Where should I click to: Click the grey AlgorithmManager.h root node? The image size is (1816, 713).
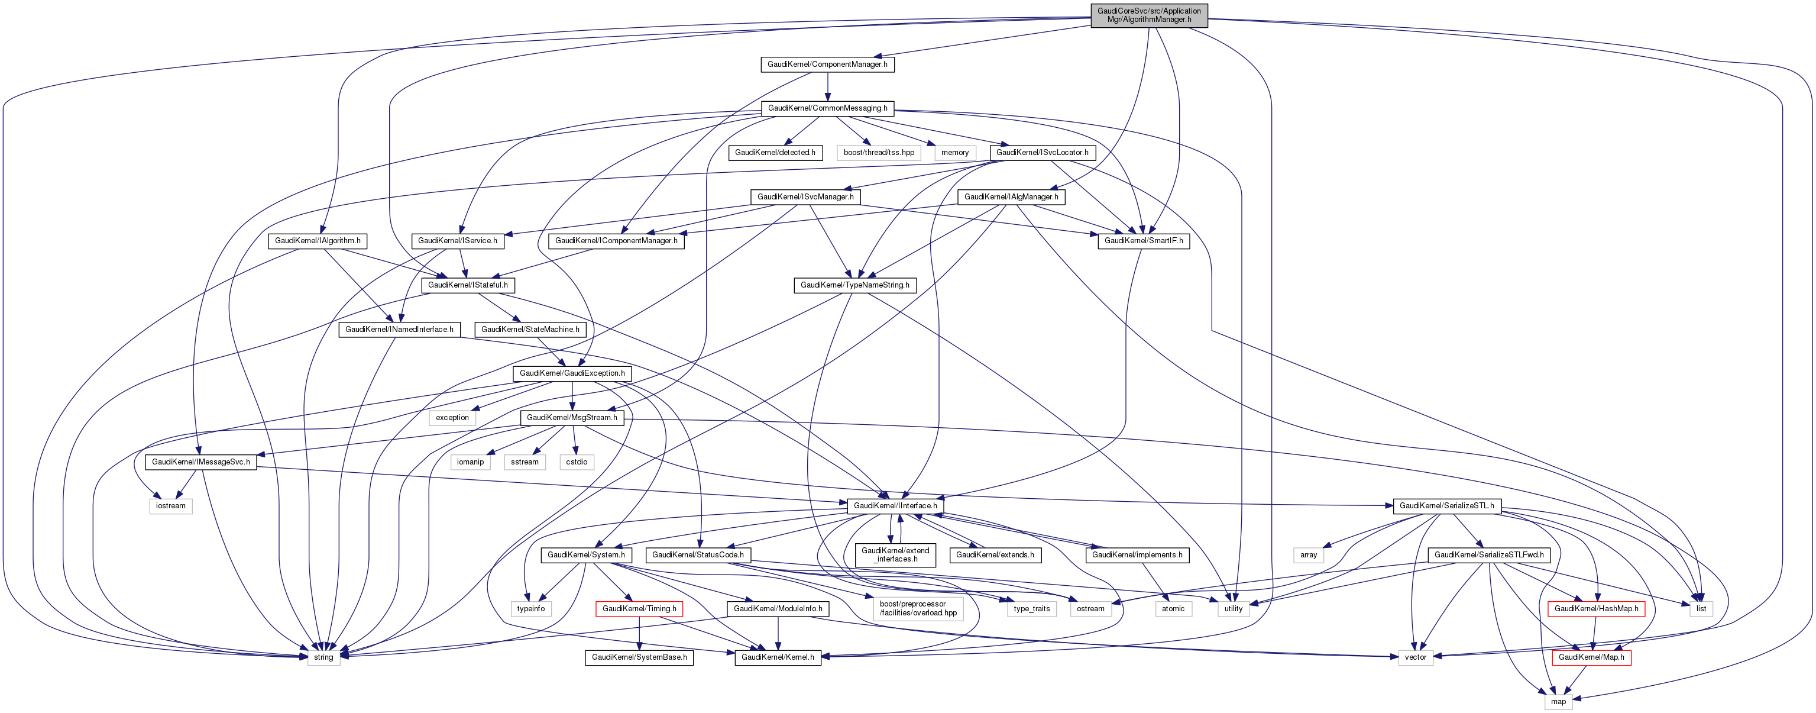(1148, 15)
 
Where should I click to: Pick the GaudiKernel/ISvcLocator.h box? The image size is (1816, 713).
(1042, 152)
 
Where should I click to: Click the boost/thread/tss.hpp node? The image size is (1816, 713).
(878, 152)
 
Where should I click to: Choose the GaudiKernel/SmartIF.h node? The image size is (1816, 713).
(1144, 240)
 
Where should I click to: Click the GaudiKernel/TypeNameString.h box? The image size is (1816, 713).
(854, 285)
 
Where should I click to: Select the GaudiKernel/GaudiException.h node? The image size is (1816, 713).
(572, 373)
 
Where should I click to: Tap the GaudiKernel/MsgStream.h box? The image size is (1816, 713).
(572, 418)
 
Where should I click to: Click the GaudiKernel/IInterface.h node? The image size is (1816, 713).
(895, 506)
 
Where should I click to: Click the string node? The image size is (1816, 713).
(323, 657)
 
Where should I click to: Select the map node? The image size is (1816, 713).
(1558, 702)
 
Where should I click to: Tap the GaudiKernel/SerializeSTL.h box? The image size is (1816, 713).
(1446, 506)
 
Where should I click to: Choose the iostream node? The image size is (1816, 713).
(171, 506)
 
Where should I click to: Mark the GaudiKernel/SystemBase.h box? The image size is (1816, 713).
(639, 657)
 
